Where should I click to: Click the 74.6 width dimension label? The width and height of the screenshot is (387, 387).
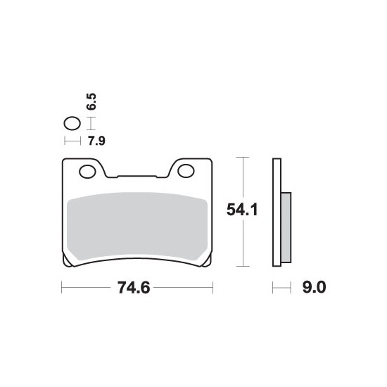(134, 288)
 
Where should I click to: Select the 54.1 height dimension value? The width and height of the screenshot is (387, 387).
(242, 210)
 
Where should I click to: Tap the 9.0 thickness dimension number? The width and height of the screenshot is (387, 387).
(315, 287)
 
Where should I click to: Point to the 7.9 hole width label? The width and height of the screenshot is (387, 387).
(97, 141)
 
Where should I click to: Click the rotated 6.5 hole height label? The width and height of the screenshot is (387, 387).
(91, 101)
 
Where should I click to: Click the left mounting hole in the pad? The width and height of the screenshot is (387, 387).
(87, 171)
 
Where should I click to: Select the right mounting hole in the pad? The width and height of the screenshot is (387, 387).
(186, 171)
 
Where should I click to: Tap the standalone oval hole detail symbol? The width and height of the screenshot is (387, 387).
(72, 123)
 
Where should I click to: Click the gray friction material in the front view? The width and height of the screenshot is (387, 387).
(137, 226)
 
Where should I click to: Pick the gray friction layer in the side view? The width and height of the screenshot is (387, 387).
(286, 227)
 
